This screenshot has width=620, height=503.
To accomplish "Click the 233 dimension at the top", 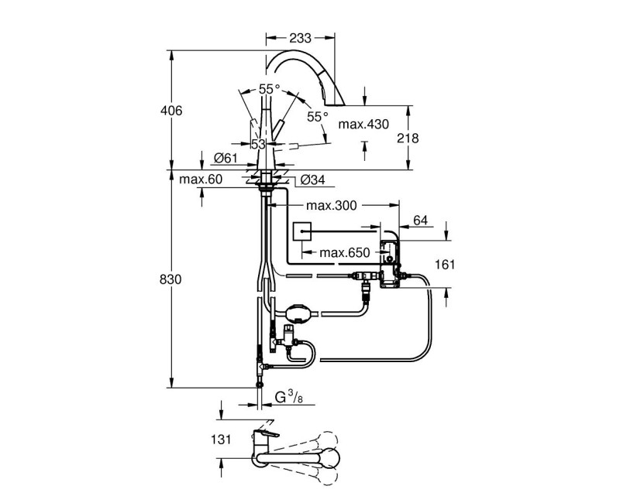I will click(x=301, y=36).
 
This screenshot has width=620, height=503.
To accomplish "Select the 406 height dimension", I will click(x=171, y=111).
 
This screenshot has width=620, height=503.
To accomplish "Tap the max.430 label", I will click(x=363, y=124).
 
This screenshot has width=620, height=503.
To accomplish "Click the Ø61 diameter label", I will click(x=225, y=158).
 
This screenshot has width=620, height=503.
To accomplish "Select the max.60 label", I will click(x=201, y=180).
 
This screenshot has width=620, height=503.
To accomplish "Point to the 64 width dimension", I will click(x=421, y=221).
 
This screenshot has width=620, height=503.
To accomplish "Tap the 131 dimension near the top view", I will click(x=221, y=440).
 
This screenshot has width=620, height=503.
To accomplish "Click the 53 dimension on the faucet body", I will click(x=258, y=144).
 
